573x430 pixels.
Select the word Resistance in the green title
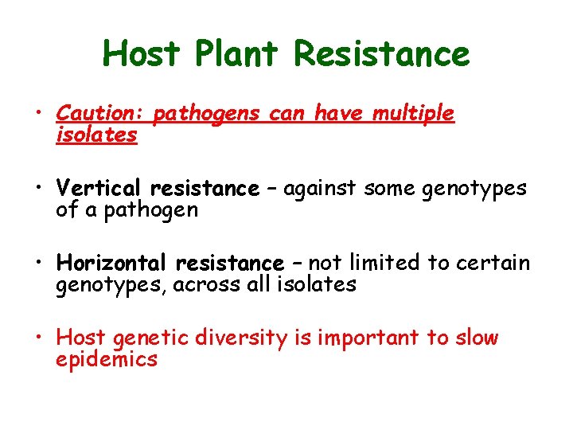pos(382,54)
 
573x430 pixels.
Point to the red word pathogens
pos(206,115)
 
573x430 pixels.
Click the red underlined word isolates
pos(96,135)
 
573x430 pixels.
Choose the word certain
pos(491,263)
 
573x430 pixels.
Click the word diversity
pos(246,338)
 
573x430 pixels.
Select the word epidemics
pos(107,358)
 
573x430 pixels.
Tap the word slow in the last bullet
pos(476,338)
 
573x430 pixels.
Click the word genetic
pos(154,338)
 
